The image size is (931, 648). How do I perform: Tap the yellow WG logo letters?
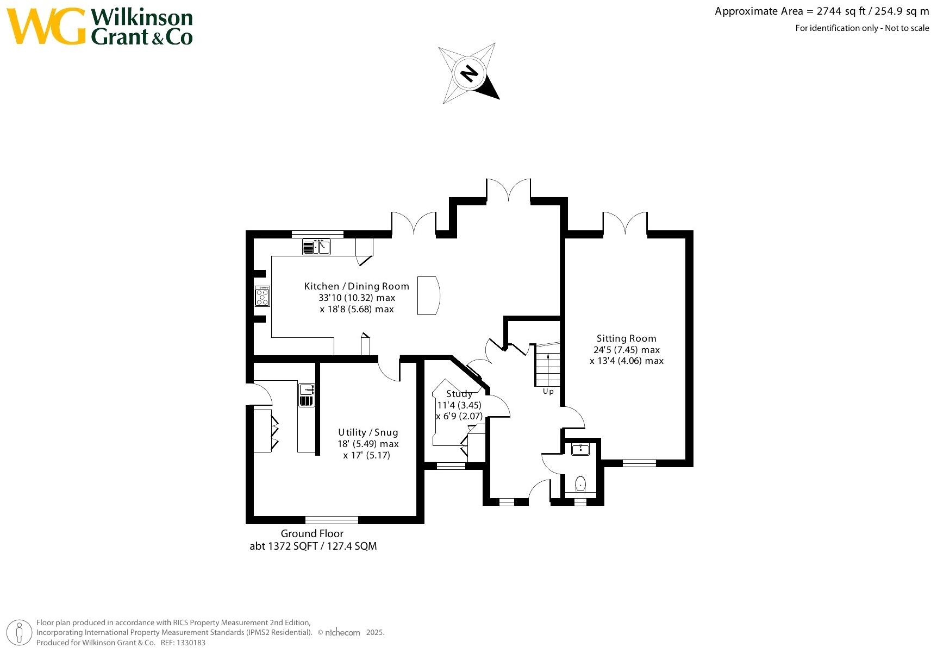(x=46, y=27)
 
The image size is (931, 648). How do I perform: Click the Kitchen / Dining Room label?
(x=357, y=286)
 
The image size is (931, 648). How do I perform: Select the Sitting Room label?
(x=626, y=338)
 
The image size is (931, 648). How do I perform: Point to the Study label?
(x=459, y=394)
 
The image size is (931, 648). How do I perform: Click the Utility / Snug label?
(x=368, y=432)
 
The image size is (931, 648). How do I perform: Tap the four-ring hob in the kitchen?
(x=263, y=297)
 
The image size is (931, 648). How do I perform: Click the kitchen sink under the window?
(x=316, y=247)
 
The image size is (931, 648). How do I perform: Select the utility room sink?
(x=307, y=389)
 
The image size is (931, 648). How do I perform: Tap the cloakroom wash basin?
(x=580, y=449)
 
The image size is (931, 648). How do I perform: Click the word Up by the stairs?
(x=548, y=391)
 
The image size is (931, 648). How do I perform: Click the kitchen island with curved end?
(x=428, y=295)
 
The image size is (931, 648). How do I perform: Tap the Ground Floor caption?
(x=312, y=533)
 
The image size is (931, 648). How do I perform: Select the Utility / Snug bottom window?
(x=332, y=519)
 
